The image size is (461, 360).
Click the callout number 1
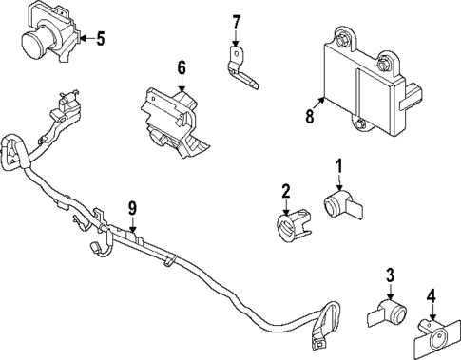tap(337, 171)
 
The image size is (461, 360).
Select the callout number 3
tap(388, 276)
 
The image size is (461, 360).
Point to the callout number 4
tap(431, 295)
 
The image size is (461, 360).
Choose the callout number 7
tap(237, 20)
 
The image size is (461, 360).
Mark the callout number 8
tap(310, 117)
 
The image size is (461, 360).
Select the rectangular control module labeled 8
tap(371, 81)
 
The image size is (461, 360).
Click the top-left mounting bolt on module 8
tap(340, 37)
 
